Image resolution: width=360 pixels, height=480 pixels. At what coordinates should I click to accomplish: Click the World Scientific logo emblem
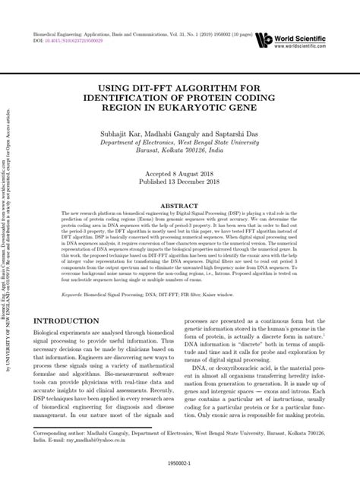[265, 41]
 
